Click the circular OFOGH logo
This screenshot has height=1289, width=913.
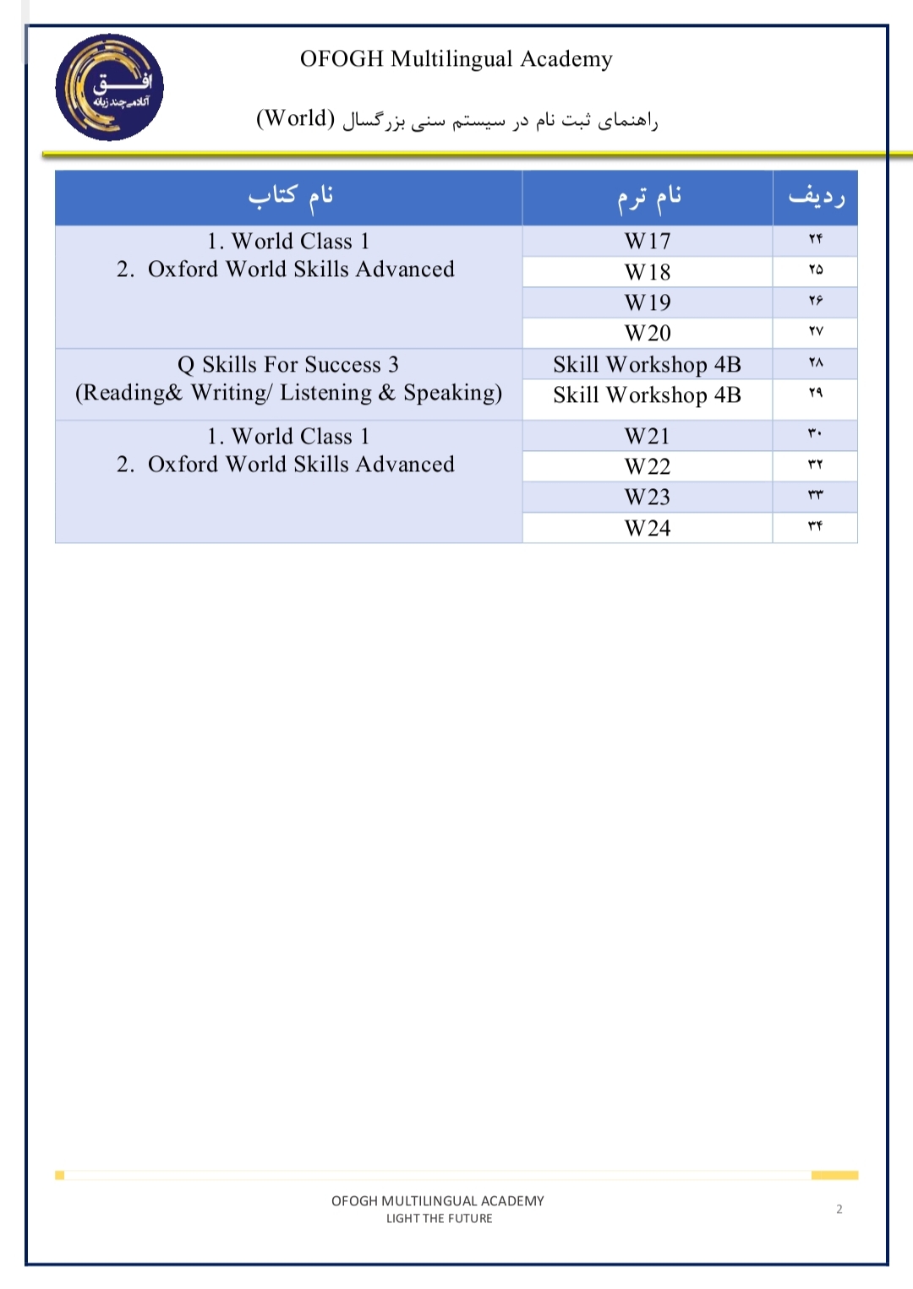click(x=109, y=87)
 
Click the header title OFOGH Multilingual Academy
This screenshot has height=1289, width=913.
click(x=456, y=59)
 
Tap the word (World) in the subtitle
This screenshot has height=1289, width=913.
click(x=296, y=118)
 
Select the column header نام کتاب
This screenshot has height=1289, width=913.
click(x=290, y=196)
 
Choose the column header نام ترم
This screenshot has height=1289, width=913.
click(x=648, y=197)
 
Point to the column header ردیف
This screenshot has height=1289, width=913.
click(x=816, y=196)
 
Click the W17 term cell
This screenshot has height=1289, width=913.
click(x=648, y=242)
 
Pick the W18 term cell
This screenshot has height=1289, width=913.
click(x=648, y=272)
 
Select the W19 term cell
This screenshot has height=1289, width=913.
click(x=648, y=302)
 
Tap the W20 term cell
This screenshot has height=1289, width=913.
click(x=648, y=333)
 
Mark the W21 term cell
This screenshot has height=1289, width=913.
click(x=648, y=436)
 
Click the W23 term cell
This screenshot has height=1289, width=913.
click(x=648, y=497)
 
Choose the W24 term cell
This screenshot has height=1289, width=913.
click(x=648, y=528)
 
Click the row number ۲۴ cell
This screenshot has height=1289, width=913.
click(x=815, y=240)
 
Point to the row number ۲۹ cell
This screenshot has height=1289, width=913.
click(x=815, y=393)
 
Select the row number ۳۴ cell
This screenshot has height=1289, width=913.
click(x=815, y=526)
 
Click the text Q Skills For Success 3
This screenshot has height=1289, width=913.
click(x=288, y=365)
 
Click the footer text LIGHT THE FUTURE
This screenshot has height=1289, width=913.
click(x=439, y=1219)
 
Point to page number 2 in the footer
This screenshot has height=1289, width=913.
click(x=839, y=1210)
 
